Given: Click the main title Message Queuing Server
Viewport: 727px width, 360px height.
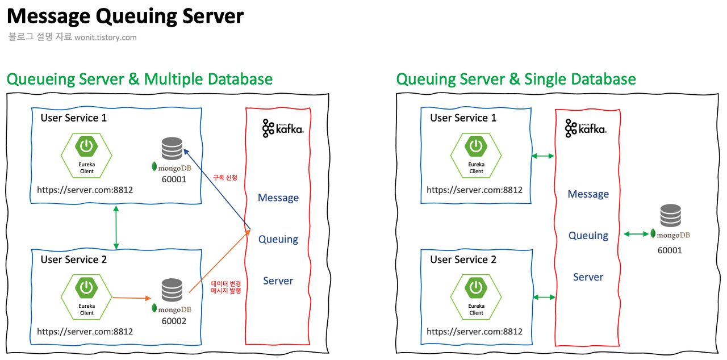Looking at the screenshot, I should coord(126,16).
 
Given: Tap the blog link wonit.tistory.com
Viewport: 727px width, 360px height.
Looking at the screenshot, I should coord(106,37).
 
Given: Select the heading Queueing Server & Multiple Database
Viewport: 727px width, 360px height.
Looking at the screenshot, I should coord(139,79).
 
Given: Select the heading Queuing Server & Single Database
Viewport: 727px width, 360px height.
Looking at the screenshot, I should coord(516,79).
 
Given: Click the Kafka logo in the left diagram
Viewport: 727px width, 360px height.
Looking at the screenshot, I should coord(283,129).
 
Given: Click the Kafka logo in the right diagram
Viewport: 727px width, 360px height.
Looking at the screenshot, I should coord(586,129).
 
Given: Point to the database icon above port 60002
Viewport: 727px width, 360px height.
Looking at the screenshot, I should coord(171,290).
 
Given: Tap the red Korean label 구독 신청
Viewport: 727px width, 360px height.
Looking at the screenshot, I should coord(225,178).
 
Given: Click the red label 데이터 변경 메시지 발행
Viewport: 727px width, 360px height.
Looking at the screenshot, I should coord(226,287).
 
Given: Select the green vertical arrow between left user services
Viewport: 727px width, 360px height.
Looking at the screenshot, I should coord(116,227).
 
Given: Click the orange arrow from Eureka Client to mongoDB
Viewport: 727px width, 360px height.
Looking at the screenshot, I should coord(131,298).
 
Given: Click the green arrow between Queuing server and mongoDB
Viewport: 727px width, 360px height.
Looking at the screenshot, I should coord(636,233).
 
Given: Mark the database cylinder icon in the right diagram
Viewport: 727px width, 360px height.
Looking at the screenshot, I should coord(671,216).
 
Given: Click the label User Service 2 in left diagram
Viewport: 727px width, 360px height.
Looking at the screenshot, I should coord(73,259).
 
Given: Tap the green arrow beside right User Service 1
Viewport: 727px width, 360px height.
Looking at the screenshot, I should coord(543,156).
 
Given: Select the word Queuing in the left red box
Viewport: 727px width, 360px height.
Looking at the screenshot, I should coord(278,239).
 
